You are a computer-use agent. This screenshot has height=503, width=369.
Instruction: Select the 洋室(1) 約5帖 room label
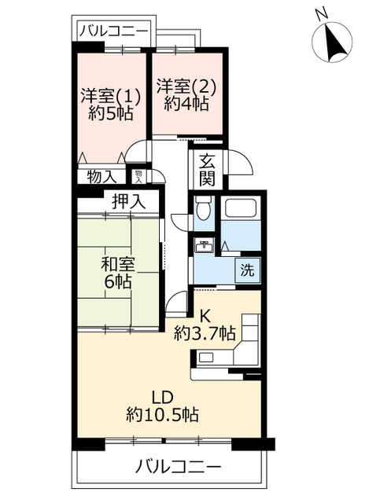[x=111, y=103]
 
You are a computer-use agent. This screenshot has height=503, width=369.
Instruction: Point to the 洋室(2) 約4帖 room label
[x=186, y=93]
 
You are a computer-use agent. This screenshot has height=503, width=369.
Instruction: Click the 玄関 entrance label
[x=206, y=169]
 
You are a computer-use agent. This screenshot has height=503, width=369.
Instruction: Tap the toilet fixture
[x=203, y=210]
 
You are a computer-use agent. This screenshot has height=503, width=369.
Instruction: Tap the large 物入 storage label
[x=101, y=176]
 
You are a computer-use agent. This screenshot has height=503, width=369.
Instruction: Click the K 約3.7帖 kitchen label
[x=205, y=324]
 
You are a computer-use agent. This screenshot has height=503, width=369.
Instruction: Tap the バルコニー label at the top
[x=113, y=31]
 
